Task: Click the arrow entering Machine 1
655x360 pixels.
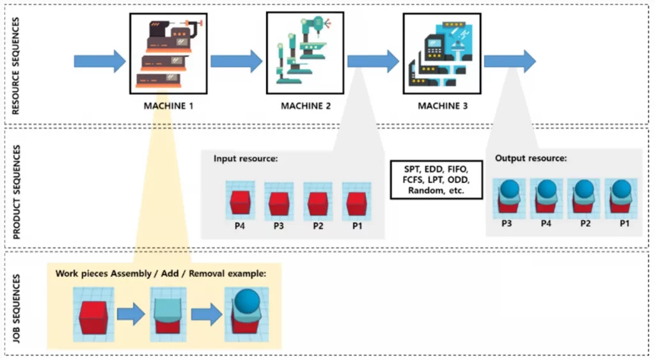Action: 100,61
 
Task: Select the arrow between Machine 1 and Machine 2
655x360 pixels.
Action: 236,61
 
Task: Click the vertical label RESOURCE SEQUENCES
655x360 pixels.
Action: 16,65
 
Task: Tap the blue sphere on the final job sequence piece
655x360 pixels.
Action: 247,301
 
